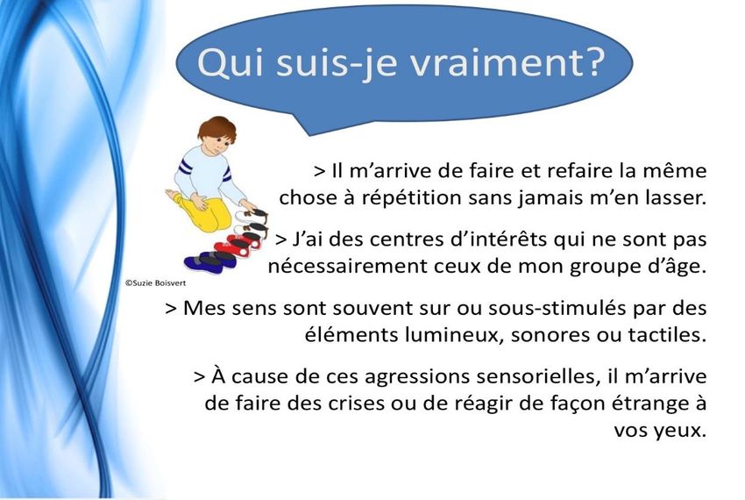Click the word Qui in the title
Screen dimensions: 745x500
coord(231,63)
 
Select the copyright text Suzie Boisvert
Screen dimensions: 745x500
coord(155,283)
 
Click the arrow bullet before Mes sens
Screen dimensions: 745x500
coord(171,309)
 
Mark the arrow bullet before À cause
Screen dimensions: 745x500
coord(200,377)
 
